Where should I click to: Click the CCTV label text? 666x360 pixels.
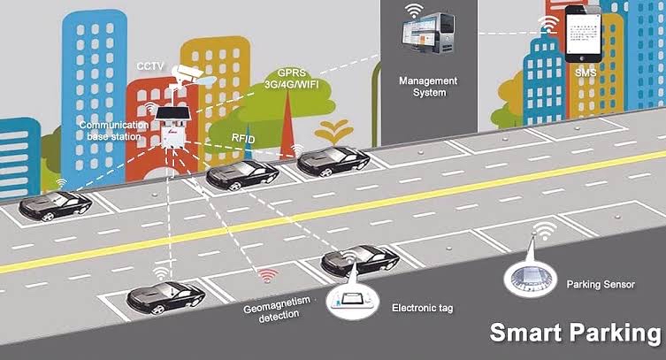pos(150,66)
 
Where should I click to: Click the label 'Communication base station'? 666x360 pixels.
pos(114,131)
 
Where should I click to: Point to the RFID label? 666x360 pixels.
pos(243,138)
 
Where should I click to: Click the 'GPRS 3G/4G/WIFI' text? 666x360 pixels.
pos(291,79)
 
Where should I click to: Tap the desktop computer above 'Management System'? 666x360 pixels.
pos(428,33)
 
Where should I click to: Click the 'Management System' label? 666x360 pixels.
pos(428,87)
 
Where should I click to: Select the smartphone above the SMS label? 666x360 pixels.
pos(584,34)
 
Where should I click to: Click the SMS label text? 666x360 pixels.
pos(586,73)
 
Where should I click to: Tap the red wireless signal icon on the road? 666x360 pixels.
pos(269,275)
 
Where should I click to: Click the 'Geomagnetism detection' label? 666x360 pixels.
pos(278,310)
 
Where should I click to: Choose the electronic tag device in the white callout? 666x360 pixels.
pos(352,300)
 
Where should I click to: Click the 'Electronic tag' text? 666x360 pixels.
pos(422,308)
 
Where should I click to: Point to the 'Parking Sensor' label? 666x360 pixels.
pos(601,285)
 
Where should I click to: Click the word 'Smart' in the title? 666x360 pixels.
pos(526,333)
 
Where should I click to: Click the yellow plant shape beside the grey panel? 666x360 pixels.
pos(334,133)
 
